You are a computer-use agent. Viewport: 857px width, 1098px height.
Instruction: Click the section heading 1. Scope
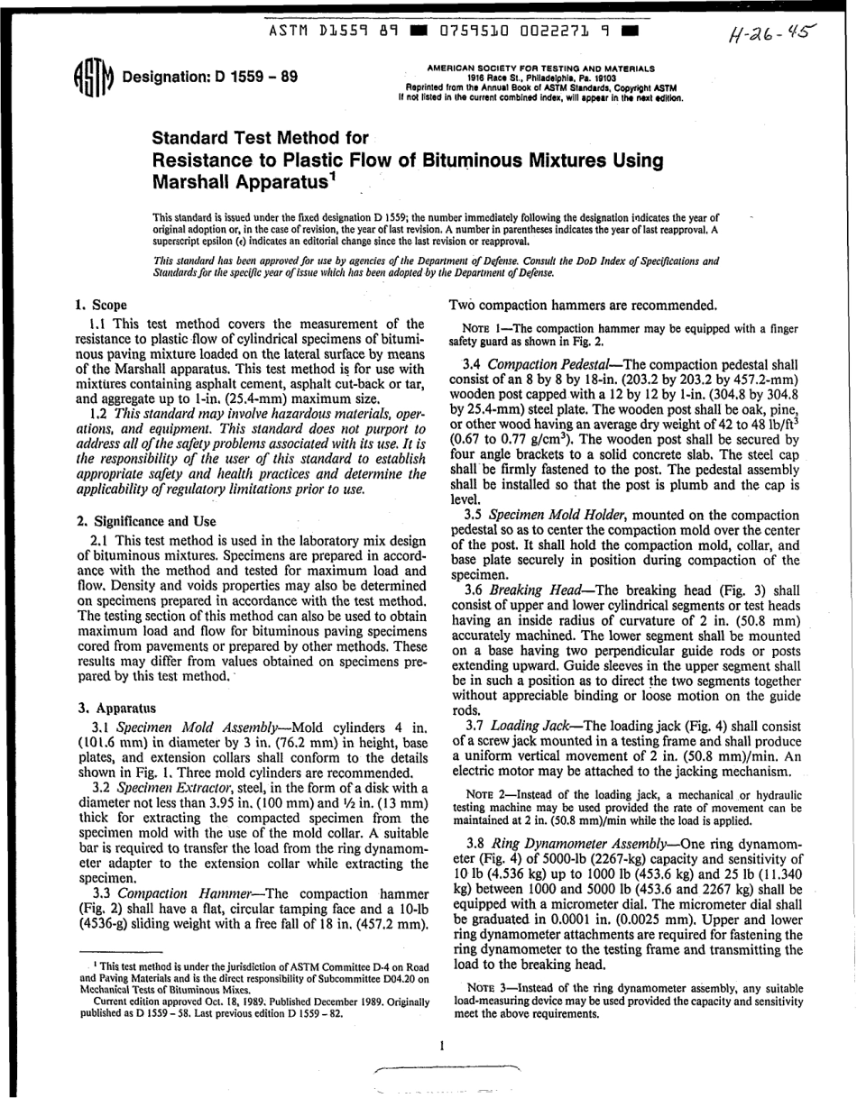(101, 305)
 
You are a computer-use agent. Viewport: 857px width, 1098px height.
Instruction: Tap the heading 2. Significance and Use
(147, 521)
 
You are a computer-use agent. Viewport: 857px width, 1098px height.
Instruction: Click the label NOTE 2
(475, 795)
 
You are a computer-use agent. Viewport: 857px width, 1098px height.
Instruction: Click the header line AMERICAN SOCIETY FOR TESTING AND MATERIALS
(541, 67)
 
